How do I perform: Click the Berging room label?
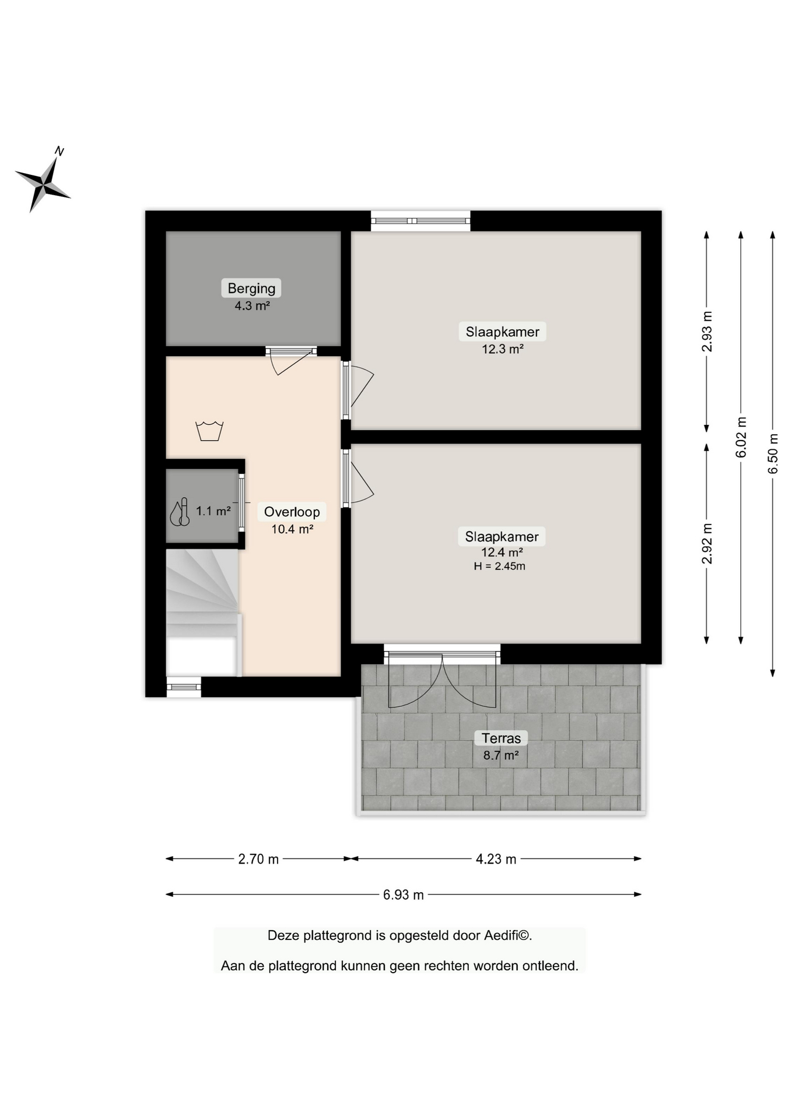pyautogui.click(x=251, y=288)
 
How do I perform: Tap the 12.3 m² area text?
pyautogui.click(x=502, y=349)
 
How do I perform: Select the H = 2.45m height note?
pyautogui.click(x=499, y=566)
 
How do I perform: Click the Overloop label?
pyautogui.click(x=292, y=512)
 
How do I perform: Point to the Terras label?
pyautogui.click(x=501, y=738)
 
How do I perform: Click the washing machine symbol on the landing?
pyautogui.click(x=209, y=431)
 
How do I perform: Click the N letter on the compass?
pyautogui.click(x=59, y=152)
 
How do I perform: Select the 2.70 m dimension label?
pyautogui.click(x=258, y=858)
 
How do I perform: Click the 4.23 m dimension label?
pyautogui.click(x=496, y=858)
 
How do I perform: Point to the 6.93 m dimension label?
pyautogui.click(x=403, y=895)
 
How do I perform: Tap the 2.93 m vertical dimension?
pyautogui.click(x=707, y=332)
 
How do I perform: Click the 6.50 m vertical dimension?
pyautogui.click(x=773, y=454)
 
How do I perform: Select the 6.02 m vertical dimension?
pyautogui.click(x=741, y=437)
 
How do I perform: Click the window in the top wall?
pyautogui.click(x=420, y=221)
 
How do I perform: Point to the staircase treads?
pyautogui.click(x=201, y=589)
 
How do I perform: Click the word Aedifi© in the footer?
pyautogui.click(x=507, y=935)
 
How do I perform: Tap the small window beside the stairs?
pyautogui.click(x=184, y=687)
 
